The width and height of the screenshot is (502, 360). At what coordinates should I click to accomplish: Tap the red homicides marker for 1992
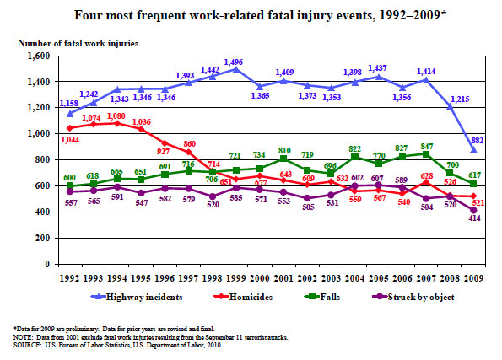pos(69,128)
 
